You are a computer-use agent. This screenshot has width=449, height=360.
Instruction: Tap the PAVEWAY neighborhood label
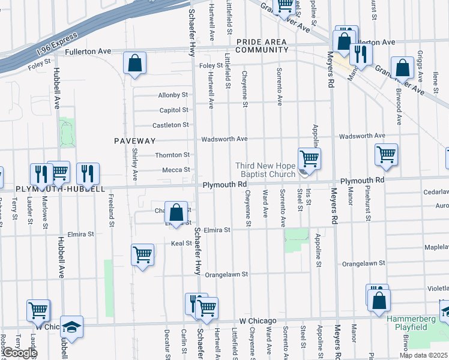coord(135,141)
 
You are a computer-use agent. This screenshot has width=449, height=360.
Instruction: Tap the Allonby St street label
coord(173,95)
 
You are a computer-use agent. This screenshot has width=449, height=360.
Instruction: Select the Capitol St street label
coord(174,110)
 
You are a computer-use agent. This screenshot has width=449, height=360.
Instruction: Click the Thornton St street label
coord(173,155)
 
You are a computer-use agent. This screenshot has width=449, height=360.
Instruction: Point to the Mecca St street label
coord(176,170)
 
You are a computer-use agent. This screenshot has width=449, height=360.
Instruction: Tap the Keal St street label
coord(180,244)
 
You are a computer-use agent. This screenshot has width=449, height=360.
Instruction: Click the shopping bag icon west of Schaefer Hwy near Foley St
coord(135,63)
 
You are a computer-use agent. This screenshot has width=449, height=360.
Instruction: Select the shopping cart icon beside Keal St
coord(142,254)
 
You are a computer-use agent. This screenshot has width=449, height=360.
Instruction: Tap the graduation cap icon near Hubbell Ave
coord(71,327)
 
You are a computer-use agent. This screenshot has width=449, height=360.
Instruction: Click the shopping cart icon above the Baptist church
coord(309,158)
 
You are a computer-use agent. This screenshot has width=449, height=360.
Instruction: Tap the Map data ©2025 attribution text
coord(424,355)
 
